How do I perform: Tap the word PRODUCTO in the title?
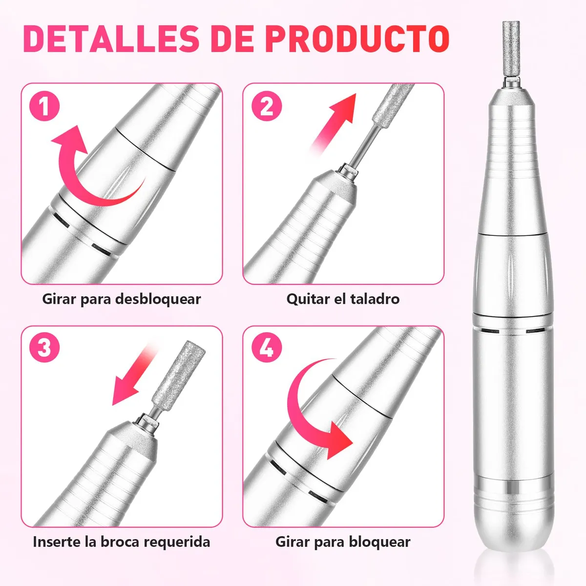(x=357, y=39)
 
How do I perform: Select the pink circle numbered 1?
(x=44, y=106)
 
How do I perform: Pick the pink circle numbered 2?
(x=267, y=106)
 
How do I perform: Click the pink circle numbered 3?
(x=44, y=347)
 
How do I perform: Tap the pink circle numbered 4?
(x=267, y=347)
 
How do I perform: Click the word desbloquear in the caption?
(x=158, y=299)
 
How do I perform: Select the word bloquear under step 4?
(x=379, y=542)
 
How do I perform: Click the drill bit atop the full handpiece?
(x=511, y=52)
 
